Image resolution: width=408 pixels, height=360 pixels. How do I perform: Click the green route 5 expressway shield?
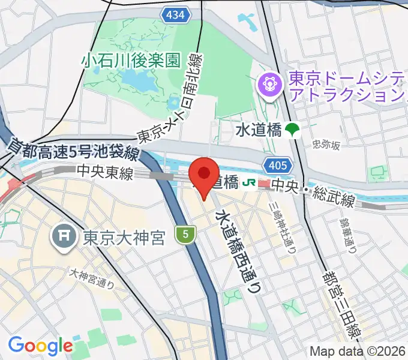(x=186, y=235)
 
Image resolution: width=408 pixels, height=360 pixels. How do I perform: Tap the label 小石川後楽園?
(x=132, y=60)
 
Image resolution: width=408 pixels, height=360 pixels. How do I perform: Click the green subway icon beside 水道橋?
(x=293, y=130)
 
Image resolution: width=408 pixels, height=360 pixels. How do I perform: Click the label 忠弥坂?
(x=326, y=145)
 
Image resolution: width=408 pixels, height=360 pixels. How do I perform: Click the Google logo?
(x=40, y=346)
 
